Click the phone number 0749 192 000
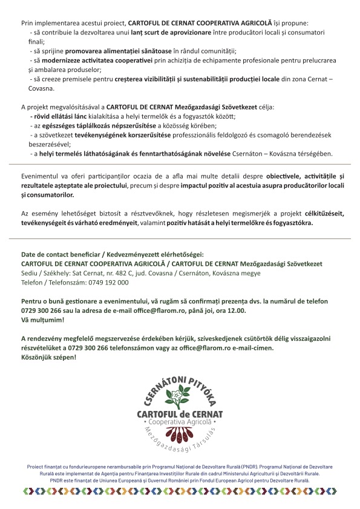[108, 282]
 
